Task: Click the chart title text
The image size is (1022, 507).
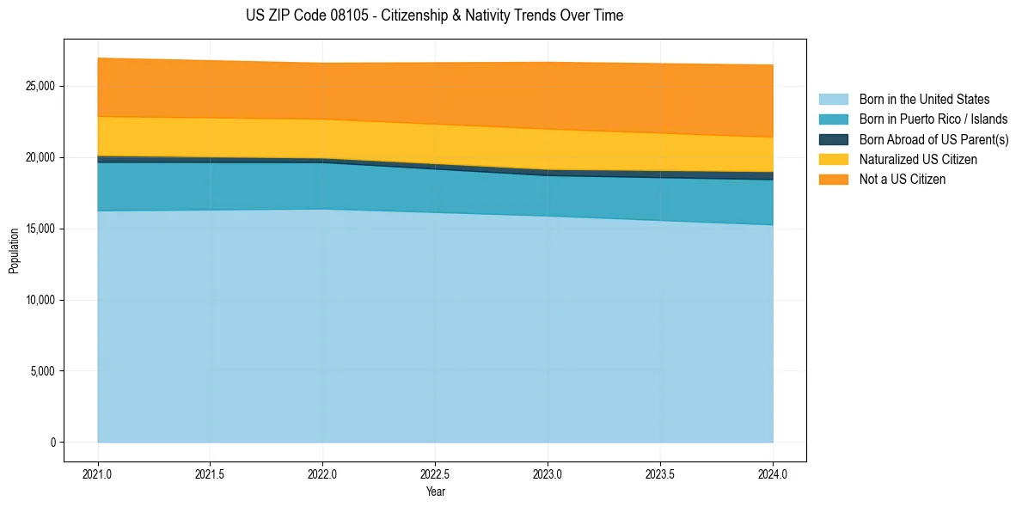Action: pos(434,15)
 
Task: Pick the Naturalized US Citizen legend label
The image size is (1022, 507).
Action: pos(918,159)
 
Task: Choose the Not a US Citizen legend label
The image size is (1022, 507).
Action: pos(903,179)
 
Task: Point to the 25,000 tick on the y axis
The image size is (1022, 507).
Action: pos(40,86)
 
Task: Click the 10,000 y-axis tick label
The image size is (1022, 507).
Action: pos(40,300)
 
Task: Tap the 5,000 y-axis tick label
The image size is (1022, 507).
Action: pos(43,371)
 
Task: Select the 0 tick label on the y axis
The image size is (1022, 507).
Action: pos(52,443)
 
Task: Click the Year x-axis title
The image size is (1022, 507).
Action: pos(435,492)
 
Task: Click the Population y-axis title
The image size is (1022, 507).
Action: pos(14,251)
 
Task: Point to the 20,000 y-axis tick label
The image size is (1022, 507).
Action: pos(40,157)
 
